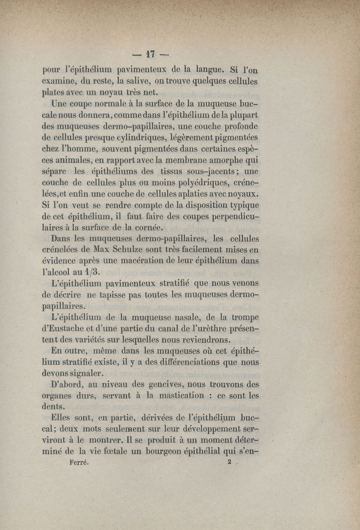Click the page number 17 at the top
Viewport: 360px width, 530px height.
[x=150, y=54]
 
